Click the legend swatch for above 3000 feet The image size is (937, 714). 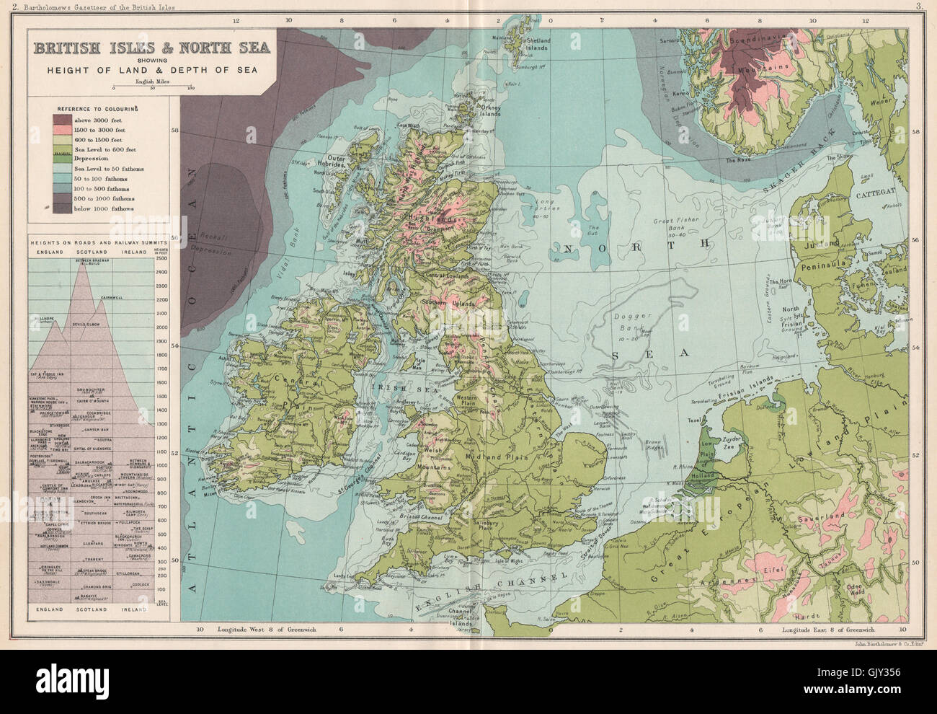click(x=63, y=118)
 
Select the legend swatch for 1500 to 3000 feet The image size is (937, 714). click(x=63, y=128)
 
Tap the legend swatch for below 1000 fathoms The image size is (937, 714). click(x=63, y=207)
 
